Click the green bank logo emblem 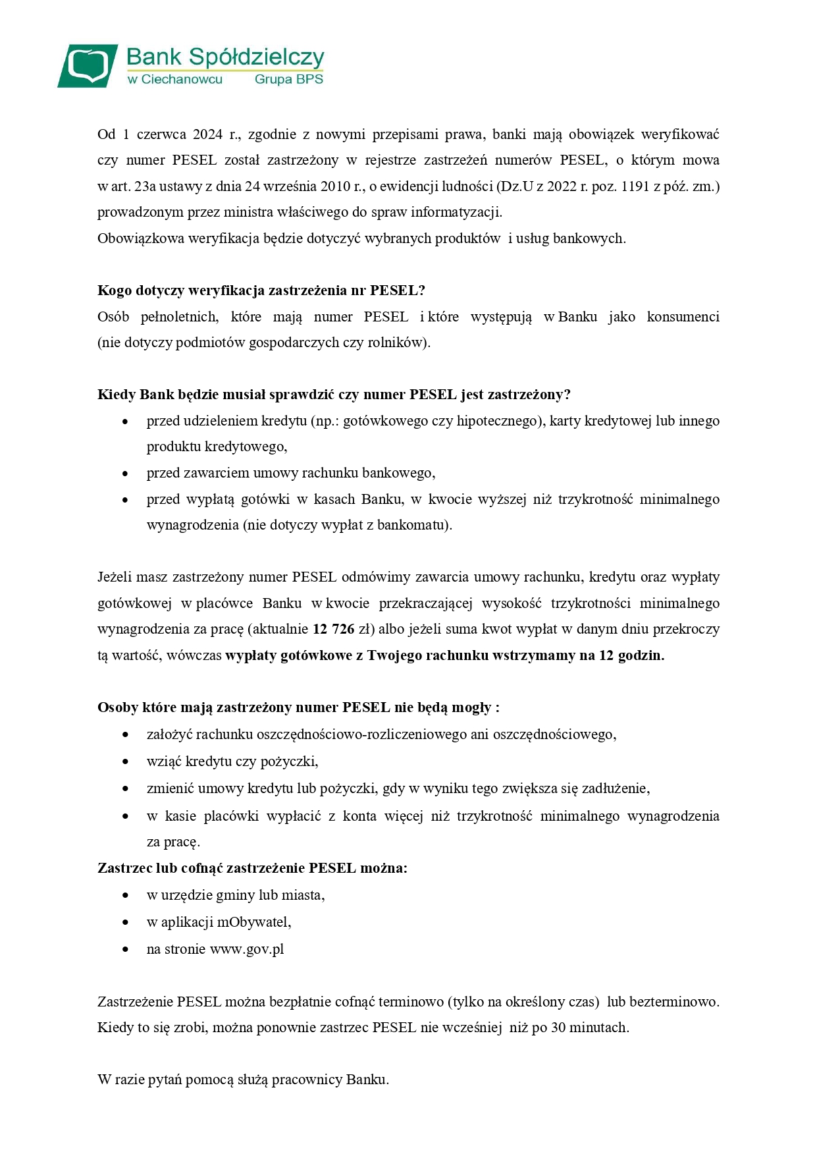[88, 65]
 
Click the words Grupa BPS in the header [288, 79]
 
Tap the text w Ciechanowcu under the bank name [174, 79]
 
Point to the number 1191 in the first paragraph [635, 186]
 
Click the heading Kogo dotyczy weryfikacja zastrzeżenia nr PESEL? [261, 290]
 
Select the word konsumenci [683, 317]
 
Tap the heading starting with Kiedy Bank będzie [334, 395]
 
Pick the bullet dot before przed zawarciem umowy [125, 474]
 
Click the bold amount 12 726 [333, 629]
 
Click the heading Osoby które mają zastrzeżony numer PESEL [298, 707]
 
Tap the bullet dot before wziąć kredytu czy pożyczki [125, 762]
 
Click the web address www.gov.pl [247, 949]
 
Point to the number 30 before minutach [558, 1028]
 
